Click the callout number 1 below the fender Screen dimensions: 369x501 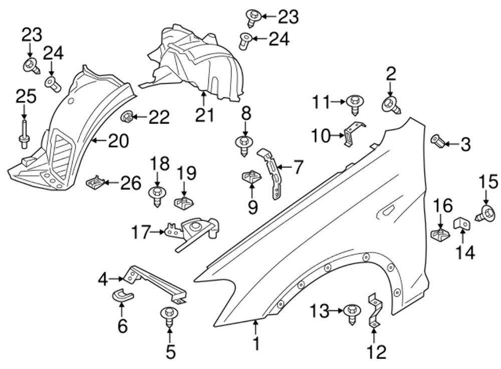click(256, 344)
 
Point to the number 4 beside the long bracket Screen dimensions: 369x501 click(103, 279)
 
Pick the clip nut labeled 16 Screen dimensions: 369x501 click(439, 233)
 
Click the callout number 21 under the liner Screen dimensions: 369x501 click(204, 115)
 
